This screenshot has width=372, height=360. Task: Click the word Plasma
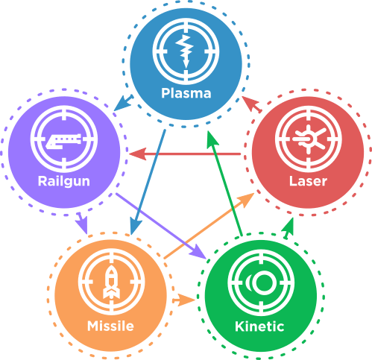(x=186, y=93)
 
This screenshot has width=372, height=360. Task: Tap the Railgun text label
(x=64, y=181)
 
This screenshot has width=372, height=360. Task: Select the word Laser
(x=308, y=181)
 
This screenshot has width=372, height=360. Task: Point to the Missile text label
(x=110, y=326)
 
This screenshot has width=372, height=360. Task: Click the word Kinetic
(x=259, y=326)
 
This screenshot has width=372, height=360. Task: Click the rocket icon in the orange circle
(x=111, y=282)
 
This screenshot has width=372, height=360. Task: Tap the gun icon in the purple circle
(x=63, y=141)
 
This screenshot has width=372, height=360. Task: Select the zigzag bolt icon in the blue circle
(x=185, y=51)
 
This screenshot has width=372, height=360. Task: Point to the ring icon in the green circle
(x=261, y=282)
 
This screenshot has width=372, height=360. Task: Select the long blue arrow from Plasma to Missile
(x=148, y=182)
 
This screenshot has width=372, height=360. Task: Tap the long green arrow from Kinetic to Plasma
(x=224, y=183)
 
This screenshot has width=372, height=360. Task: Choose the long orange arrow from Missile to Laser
(x=209, y=226)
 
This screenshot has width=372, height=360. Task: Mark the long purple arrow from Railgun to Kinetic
(x=161, y=226)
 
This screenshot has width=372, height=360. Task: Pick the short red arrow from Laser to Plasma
(x=252, y=104)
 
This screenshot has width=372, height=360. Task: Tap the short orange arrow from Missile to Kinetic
(x=184, y=300)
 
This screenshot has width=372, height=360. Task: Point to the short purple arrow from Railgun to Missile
(x=82, y=224)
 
